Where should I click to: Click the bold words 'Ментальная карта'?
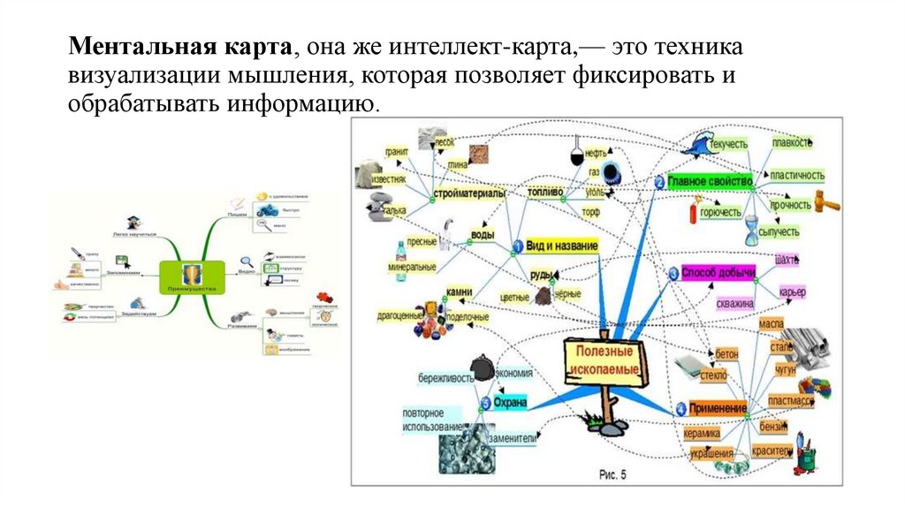click(183, 45)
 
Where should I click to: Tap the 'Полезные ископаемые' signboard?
click(602, 359)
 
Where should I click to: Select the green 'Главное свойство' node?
click(709, 182)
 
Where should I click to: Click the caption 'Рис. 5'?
click(612, 474)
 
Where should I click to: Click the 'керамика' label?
click(700, 434)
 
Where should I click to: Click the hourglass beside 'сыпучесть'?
click(752, 231)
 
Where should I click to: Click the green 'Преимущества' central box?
click(192, 276)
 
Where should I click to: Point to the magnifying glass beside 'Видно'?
click(247, 261)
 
